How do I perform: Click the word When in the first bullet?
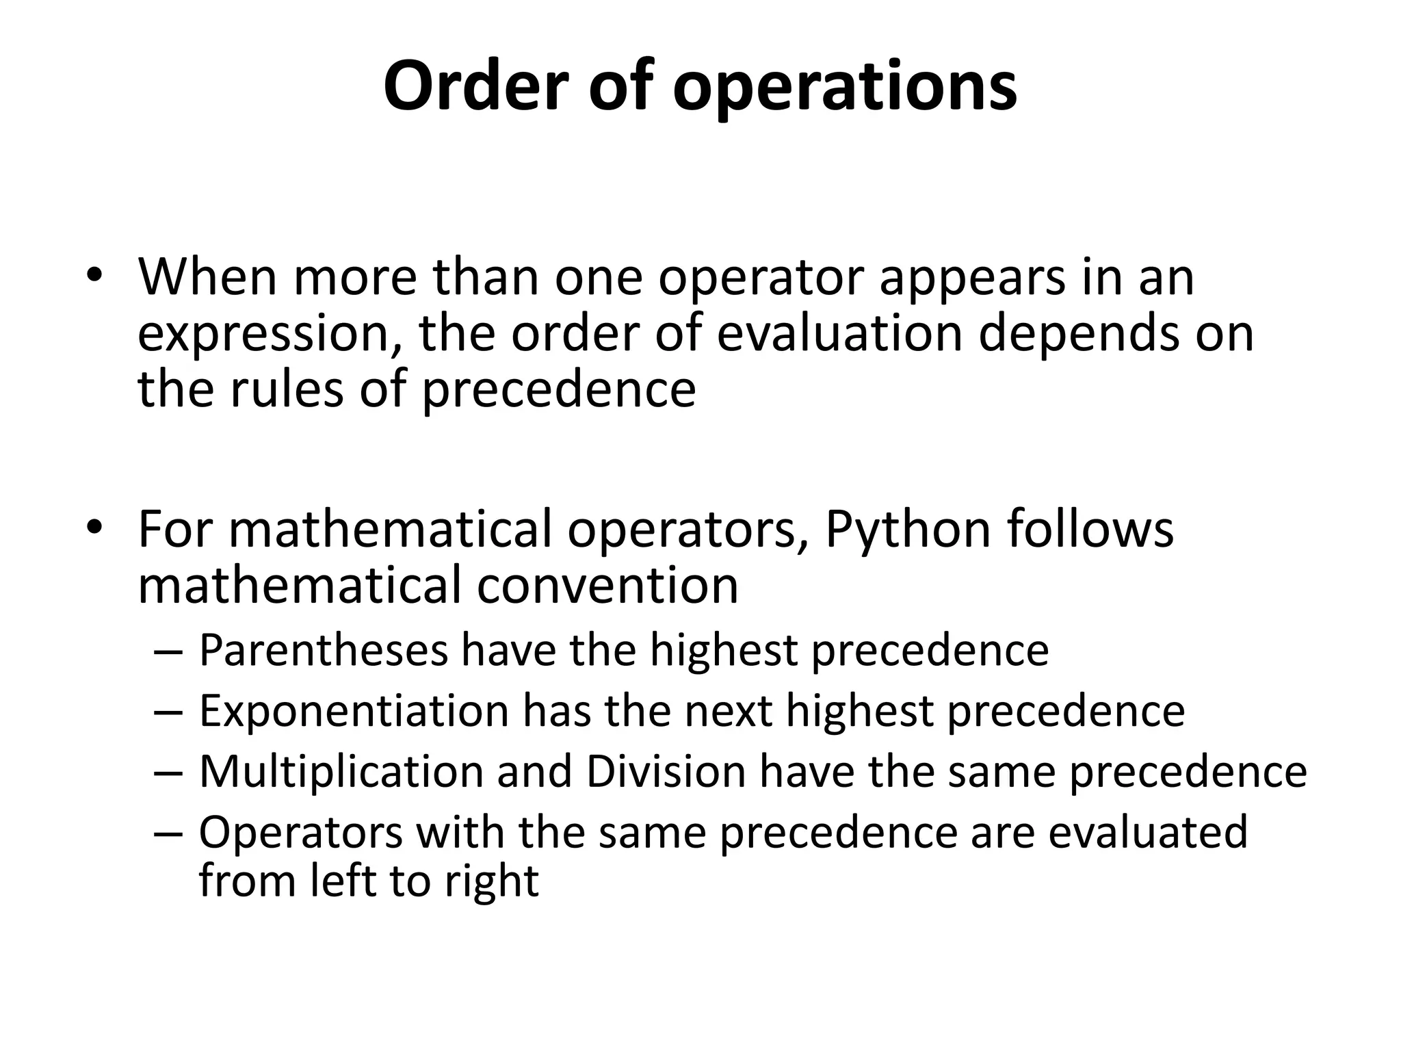pyautogui.click(x=207, y=277)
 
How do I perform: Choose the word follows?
pyautogui.click(x=1090, y=529)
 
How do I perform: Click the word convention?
pyautogui.click(x=607, y=586)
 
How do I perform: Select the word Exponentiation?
pyautogui.click(x=354, y=712)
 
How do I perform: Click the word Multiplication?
pyautogui.click(x=341, y=773)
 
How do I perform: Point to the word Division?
pyautogui.click(x=666, y=772)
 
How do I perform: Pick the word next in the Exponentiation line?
pyautogui.click(x=729, y=712)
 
